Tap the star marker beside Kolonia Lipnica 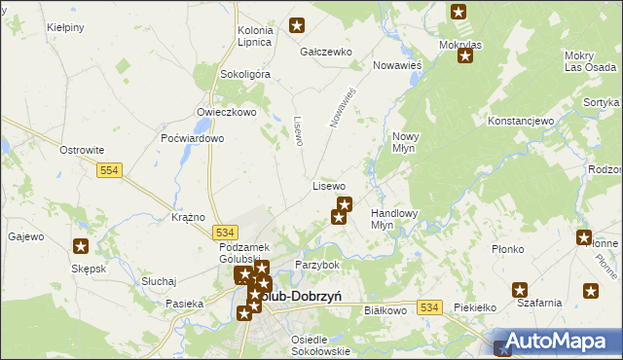(297, 26)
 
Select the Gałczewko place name (325, 52)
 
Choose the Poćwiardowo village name (193, 139)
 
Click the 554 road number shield (109, 170)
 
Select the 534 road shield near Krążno (225, 233)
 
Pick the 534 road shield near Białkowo (429, 307)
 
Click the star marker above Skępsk (80, 247)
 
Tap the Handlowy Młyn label (394, 219)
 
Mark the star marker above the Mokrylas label (458, 13)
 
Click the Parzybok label (316, 265)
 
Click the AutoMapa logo (558, 342)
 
